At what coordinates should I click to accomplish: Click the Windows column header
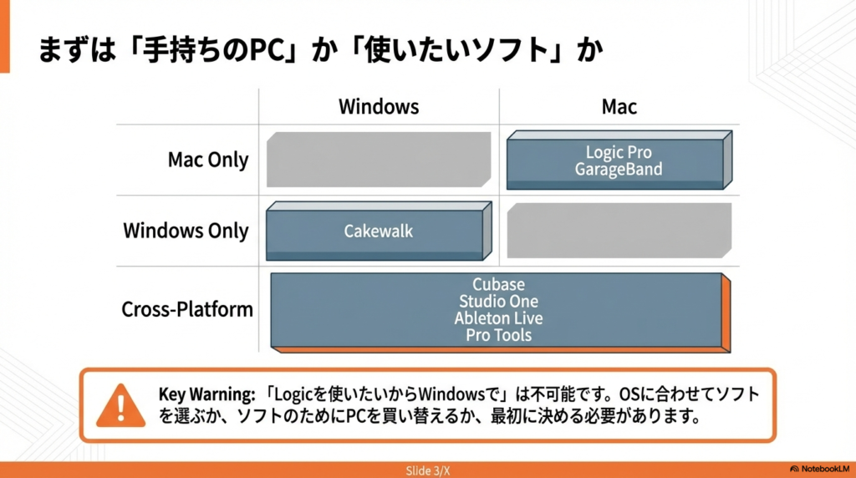(x=378, y=107)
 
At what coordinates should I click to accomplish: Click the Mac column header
(x=619, y=107)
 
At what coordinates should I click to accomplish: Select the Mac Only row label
(x=208, y=160)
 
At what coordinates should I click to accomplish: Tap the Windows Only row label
(x=186, y=231)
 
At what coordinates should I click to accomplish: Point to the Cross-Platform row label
(x=187, y=309)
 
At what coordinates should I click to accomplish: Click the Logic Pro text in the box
(x=619, y=152)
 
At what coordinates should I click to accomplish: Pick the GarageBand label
(x=619, y=169)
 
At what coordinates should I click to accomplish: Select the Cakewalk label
(x=378, y=231)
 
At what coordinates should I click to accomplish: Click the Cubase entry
(x=498, y=284)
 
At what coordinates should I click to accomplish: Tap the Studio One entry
(x=498, y=301)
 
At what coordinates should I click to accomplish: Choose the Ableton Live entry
(x=498, y=318)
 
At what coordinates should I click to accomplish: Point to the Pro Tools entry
(x=498, y=335)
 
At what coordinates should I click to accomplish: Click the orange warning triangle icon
(x=120, y=404)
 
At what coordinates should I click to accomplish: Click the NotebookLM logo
(x=818, y=470)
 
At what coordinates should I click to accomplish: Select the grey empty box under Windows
(x=378, y=159)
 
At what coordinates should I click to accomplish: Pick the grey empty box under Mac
(x=619, y=229)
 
